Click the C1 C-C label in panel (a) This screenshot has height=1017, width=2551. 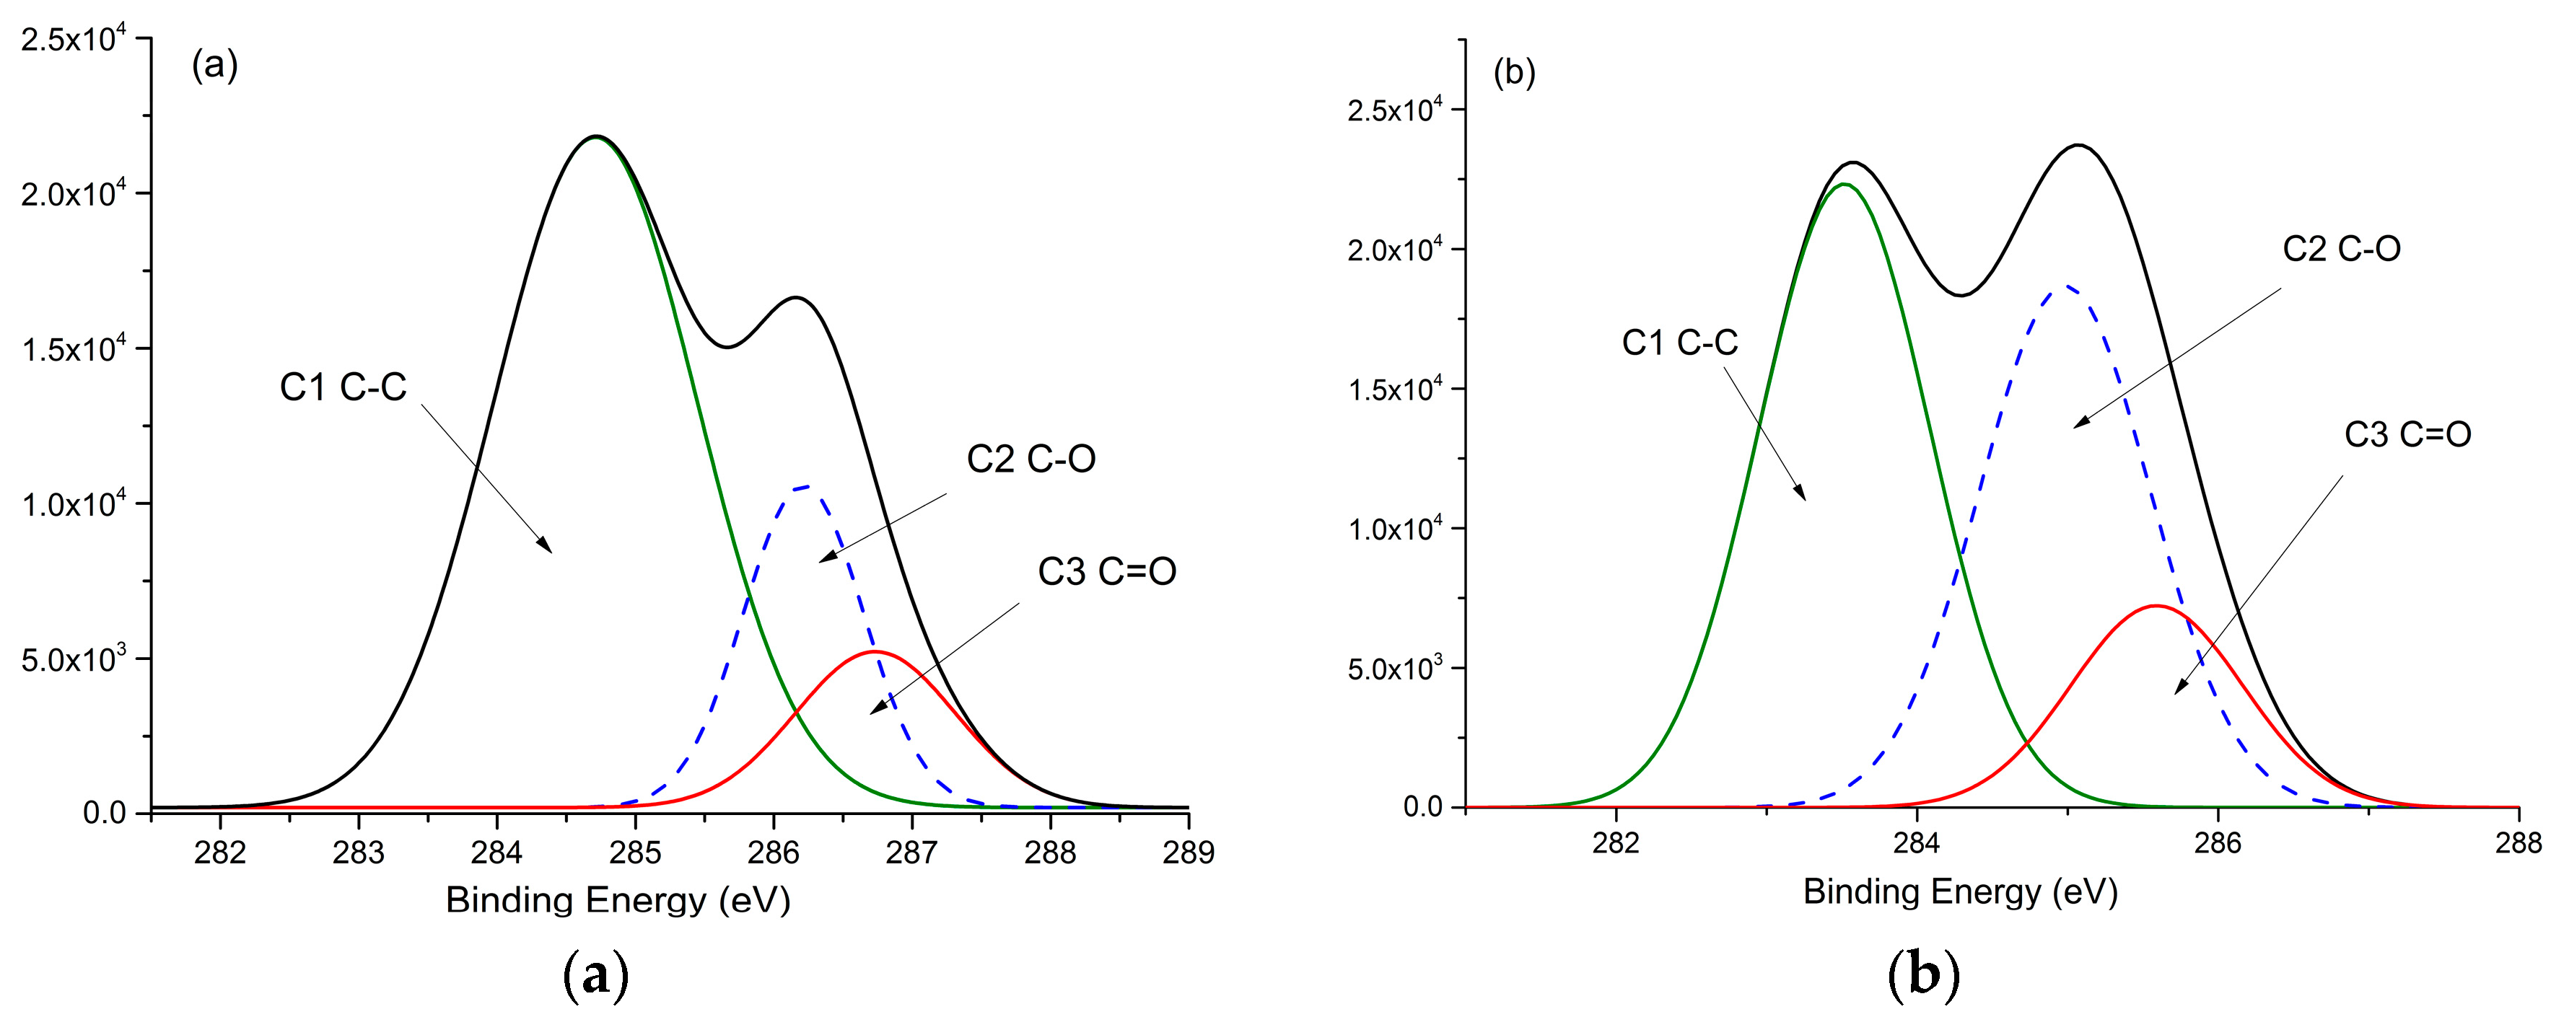(x=343, y=387)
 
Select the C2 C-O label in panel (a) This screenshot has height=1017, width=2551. (x=1031, y=459)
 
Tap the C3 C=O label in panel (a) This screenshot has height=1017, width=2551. (x=1106, y=571)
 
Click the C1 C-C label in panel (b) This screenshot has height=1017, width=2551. (x=1679, y=343)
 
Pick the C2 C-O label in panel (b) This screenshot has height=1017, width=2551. (x=2341, y=249)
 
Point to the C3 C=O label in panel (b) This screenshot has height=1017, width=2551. (x=2407, y=433)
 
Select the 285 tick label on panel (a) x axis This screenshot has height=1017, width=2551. (x=635, y=853)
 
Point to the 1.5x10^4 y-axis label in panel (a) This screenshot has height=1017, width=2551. (x=74, y=348)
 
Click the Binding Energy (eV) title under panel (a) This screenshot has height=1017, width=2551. (x=618, y=900)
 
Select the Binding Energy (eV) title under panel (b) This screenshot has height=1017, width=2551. (x=1960, y=892)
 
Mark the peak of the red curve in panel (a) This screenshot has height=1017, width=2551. (x=873, y=651)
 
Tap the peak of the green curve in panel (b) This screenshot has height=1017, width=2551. (x=1843, y=184)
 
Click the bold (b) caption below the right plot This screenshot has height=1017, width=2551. (x=1923, y=975)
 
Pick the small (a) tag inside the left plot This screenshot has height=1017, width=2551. (x=214, y=66)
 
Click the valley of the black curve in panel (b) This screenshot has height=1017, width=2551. (x=1960, y=295)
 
